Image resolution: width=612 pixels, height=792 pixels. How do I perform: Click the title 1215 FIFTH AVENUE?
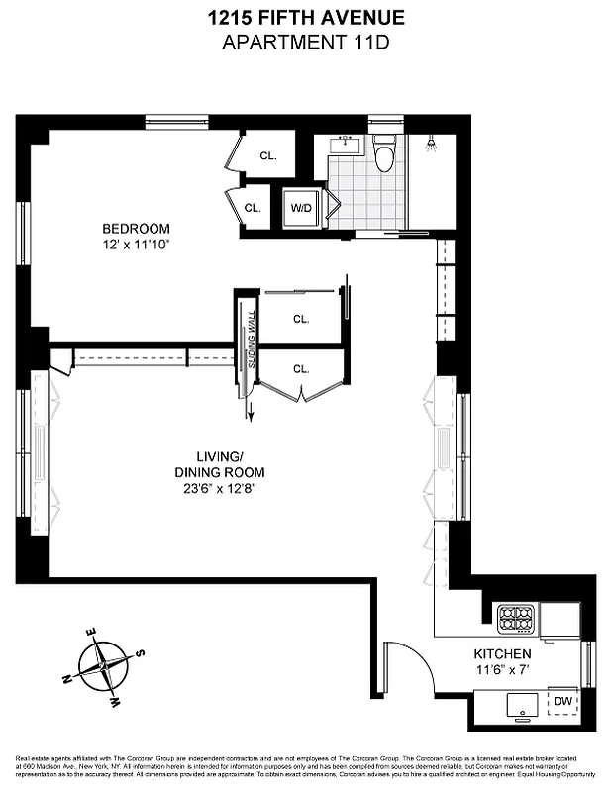(x=305, y=17)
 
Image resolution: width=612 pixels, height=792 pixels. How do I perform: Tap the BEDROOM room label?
(x=136, y=227)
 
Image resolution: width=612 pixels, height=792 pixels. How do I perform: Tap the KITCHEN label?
(x=502, y=654)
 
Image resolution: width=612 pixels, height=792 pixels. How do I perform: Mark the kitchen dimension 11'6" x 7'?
(x=502, y=670)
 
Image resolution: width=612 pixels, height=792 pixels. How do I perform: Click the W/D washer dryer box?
(x=301, y=208)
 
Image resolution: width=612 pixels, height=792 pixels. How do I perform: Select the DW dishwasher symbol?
(x=562, y=701)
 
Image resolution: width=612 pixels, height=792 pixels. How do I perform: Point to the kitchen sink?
(x=518, y=706)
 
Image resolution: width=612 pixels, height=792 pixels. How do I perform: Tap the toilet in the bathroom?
(x=384, y=154)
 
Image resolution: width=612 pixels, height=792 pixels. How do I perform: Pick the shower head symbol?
(x=430, y=145)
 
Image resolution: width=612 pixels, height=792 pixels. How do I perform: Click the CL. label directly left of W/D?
(x=253, y=208)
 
